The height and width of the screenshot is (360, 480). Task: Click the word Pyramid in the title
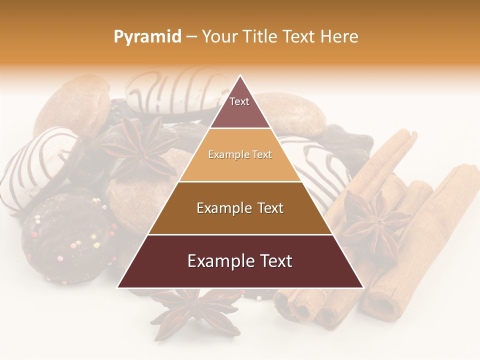click(x=147, y=37)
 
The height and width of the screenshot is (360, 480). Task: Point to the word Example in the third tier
click(x=223, y=208)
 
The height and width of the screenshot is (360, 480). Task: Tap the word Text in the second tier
click(x=261, y=155)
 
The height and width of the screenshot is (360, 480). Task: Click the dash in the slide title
click(x=191, y=37)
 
